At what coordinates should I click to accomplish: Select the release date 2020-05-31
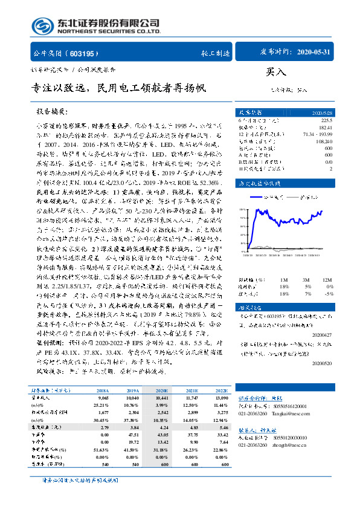click(x=314, y=53)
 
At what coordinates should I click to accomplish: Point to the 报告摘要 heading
click(x=53, y=112)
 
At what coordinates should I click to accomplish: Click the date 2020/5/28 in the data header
click(x=315, y=112)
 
